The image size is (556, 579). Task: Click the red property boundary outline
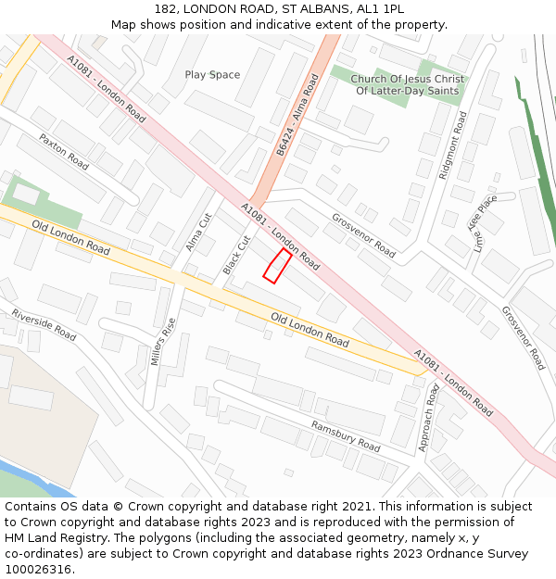tap(277, 265)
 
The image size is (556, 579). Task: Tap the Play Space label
tap(212, 75)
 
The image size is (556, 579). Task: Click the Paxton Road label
tap(64, 151)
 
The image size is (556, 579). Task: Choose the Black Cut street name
tap(236, 255)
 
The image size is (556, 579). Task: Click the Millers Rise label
tap(163, 340)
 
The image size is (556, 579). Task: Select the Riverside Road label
tap(44, 324)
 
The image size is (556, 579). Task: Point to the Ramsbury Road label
tap(346, 436)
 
